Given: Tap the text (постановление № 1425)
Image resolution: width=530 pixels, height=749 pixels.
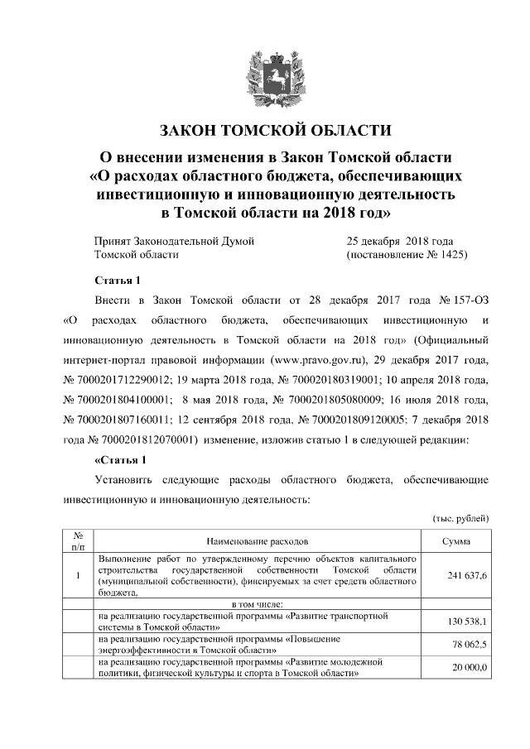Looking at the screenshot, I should tap(406, 255).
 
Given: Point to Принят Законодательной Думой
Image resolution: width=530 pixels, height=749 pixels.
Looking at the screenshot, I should tap(174, 241).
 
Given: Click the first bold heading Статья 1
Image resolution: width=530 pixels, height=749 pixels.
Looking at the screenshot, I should tap(121, 279).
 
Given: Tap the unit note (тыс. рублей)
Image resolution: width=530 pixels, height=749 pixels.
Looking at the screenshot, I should tap(460, 517).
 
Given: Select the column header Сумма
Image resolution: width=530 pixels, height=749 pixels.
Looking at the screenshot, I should tap(456, 540).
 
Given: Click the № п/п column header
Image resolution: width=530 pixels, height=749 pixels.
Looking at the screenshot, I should tap(77, 540).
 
